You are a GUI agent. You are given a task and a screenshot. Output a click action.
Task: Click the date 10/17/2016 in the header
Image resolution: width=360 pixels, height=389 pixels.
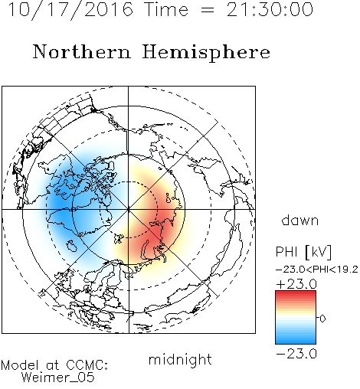coord(70,10)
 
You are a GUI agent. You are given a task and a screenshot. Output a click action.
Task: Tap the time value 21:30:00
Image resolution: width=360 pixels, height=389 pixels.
coord(270,9)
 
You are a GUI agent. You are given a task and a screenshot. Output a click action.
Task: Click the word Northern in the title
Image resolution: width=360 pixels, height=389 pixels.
coord(82,52)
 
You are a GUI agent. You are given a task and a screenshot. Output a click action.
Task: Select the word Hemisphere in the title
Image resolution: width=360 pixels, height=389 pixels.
coord(206,53)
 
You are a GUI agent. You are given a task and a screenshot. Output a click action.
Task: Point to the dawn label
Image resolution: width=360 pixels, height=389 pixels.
coord(300,220)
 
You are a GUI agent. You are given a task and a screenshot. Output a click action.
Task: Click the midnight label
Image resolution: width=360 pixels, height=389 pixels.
coord(180,359)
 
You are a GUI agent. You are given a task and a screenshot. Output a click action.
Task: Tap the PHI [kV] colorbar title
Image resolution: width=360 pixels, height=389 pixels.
coord(303,252)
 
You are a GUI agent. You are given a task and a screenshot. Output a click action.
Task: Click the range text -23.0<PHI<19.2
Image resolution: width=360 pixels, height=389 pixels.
coord(317,270)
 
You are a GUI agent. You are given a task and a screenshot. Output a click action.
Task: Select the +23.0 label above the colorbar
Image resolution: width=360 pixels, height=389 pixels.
coord(296,284)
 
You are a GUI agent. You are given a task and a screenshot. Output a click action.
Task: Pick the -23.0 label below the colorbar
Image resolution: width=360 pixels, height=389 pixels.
coord(296,354)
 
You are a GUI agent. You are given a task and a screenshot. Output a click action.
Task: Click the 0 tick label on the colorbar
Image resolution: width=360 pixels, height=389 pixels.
coord(322,319)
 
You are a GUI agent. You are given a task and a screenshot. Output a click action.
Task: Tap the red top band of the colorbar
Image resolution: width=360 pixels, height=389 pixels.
coord(296,293)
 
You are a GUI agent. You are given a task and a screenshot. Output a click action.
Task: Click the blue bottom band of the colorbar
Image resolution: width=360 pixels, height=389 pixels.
coord(296,341)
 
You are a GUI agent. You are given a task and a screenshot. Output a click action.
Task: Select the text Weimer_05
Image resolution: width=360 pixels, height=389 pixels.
coord(57,378)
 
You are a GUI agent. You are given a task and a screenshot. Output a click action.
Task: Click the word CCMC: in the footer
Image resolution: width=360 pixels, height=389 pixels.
coord(87,365)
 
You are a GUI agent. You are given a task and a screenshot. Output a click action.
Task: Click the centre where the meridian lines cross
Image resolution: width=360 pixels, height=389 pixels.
coord(129,209)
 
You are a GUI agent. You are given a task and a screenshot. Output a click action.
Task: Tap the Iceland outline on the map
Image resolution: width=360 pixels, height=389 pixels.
coord(72,246)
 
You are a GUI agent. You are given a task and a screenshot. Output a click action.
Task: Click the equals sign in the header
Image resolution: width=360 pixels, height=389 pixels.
coord(208,10)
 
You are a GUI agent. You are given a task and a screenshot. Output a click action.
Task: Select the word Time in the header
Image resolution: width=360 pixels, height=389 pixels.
coord(166,10)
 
